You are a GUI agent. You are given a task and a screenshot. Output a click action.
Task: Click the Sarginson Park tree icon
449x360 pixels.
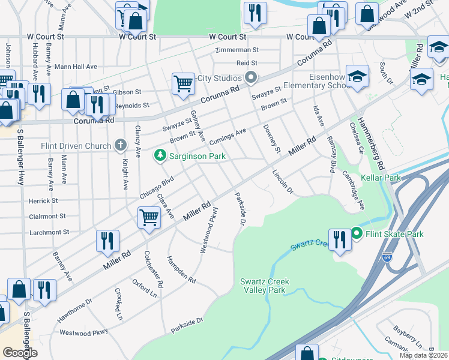point(160,156)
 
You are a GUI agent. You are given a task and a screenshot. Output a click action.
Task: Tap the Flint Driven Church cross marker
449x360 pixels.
point(121,145)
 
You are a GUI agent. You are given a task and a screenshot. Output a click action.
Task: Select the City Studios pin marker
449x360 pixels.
point(251,78)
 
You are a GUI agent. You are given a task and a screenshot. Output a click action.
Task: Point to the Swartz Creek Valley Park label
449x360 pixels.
point(262,286)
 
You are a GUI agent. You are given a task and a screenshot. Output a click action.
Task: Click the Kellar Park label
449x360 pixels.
point(380,178)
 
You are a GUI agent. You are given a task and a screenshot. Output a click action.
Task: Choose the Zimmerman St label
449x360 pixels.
point(238,50)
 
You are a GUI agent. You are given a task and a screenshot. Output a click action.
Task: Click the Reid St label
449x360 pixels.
point(246,62)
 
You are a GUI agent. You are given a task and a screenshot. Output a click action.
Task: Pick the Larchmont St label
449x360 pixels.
point(49,232)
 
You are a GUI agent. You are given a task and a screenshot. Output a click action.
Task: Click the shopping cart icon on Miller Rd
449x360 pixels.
point(148,218)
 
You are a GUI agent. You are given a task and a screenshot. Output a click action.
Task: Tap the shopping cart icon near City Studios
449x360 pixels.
point(182,83)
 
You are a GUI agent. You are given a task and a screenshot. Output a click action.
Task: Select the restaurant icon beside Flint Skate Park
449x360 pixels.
point(339,239)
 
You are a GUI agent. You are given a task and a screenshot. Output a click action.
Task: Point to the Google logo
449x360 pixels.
point(20,353)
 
